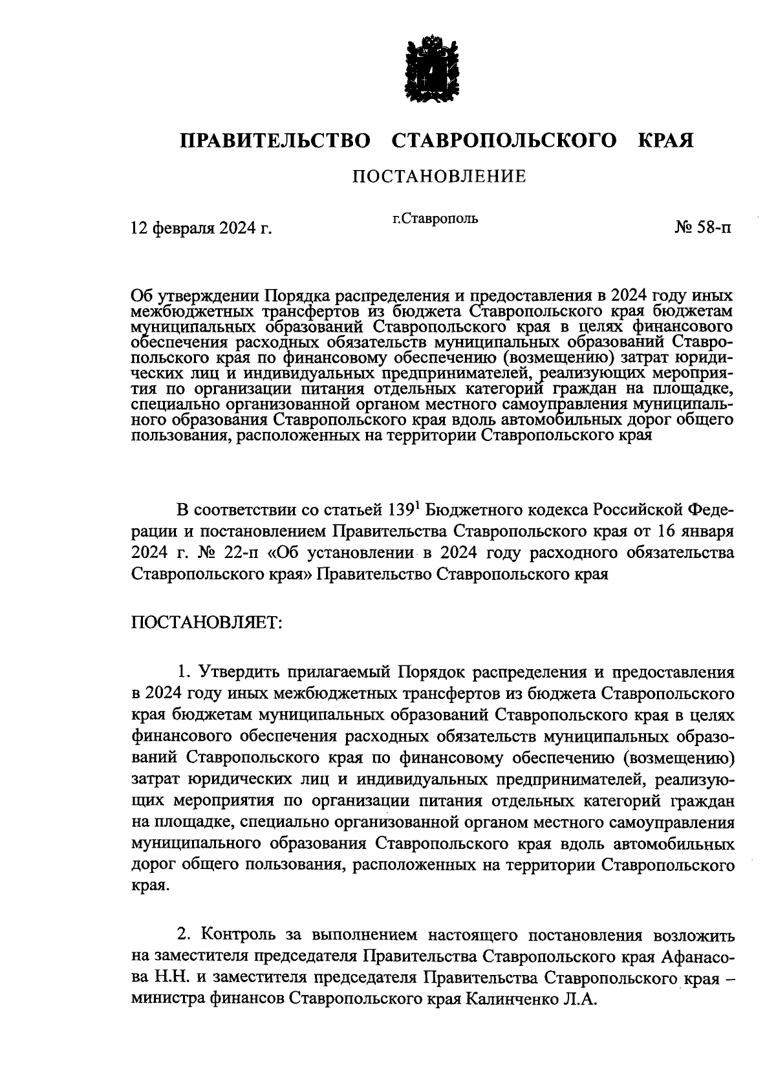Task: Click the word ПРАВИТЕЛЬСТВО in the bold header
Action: (276, 140)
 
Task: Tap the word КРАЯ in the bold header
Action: (666, 140)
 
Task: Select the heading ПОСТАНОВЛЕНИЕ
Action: (439, 176)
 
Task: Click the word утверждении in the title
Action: (204, 296)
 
